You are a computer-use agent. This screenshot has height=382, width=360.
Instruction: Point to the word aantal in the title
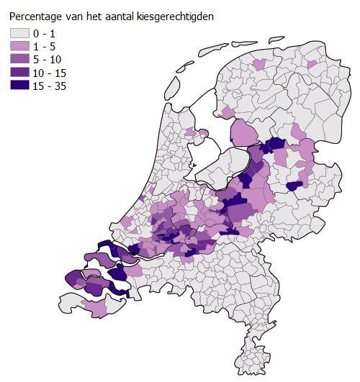click(x=122, y=15)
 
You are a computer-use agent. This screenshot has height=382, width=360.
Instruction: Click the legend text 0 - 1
click(x=53, y=33)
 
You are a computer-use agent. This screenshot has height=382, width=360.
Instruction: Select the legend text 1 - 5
click(x=53, y=46)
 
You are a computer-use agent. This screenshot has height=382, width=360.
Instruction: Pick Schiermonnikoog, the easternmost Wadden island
click(x=276, y=37)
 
